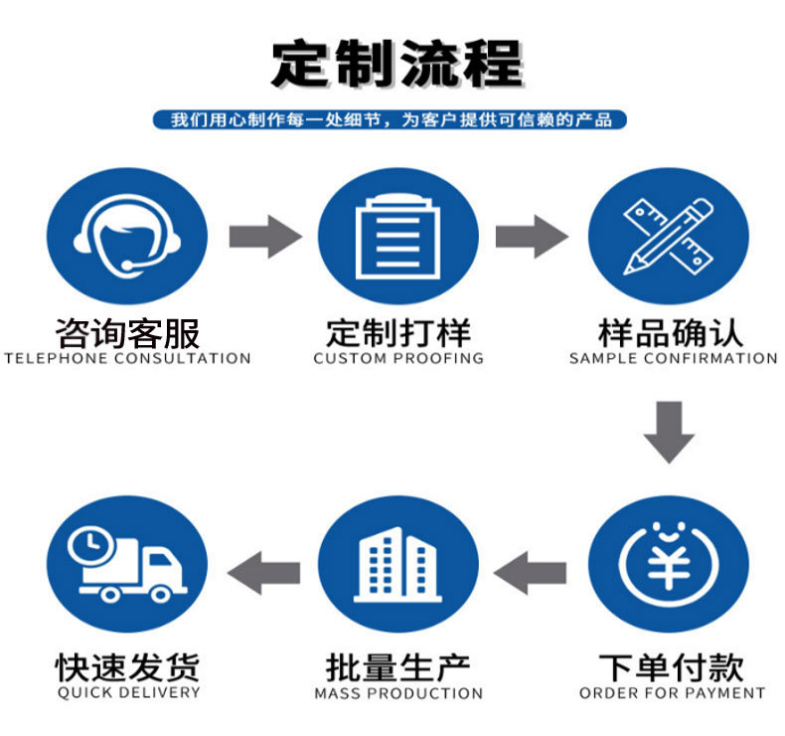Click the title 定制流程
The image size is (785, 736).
(x=396, y=63)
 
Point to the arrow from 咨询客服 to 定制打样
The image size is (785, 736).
(x=263, y=237)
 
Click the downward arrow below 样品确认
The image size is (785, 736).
(x=668, y=431)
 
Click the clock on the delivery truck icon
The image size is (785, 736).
(x=90, y=544)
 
